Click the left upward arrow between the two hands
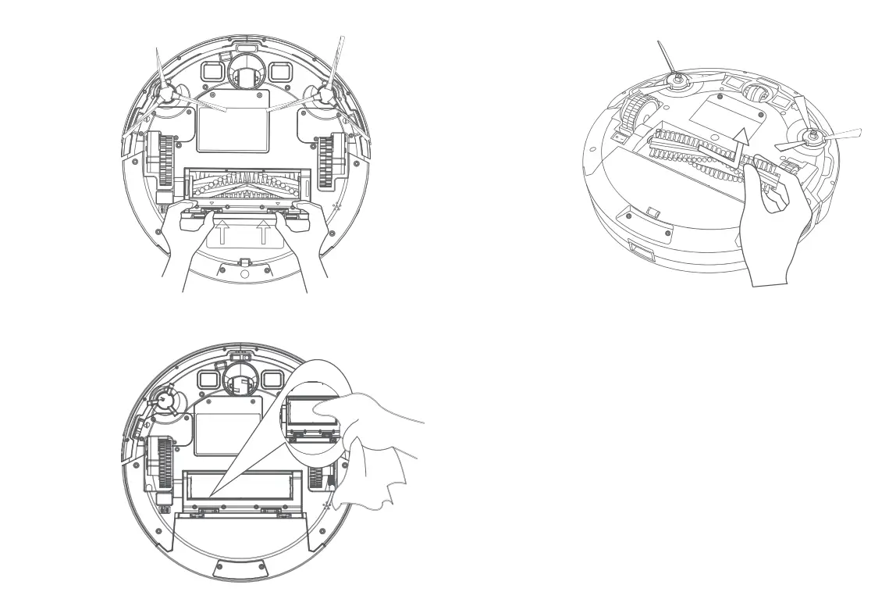click(223, 232)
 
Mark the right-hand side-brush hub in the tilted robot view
click(812, 137)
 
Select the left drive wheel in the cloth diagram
click(165, 462)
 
